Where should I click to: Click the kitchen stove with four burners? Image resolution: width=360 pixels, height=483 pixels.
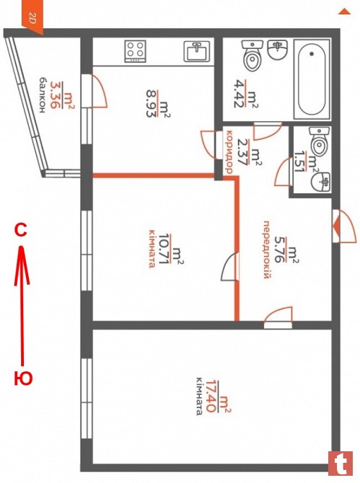coord(136,51)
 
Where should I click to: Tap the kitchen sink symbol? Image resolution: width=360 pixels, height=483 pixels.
coord(197,51)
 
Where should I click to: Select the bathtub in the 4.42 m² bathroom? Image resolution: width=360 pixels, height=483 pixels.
coord(312,79)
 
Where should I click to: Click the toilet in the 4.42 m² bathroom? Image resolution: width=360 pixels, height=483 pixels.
coord(252,56)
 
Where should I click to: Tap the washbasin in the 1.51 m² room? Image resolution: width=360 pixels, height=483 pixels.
coord(321,182)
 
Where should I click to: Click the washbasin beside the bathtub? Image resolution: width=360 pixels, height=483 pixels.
coord(278,50)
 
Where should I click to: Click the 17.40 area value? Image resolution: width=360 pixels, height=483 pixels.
coord(211,396)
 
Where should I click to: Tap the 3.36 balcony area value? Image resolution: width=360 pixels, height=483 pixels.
coord(55,95)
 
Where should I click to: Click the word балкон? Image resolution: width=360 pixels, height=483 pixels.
coord(43,95)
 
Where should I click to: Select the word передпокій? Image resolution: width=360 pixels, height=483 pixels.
coord(267,249)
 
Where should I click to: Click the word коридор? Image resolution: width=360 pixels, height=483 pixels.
coord(229,152)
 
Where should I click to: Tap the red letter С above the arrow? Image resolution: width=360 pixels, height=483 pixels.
coord(21,231)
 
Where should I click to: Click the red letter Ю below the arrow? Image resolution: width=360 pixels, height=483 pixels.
coord(23,378)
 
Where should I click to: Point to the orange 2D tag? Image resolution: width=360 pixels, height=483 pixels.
coord(32,18)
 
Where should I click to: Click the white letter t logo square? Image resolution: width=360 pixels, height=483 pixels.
coord(341,464)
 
